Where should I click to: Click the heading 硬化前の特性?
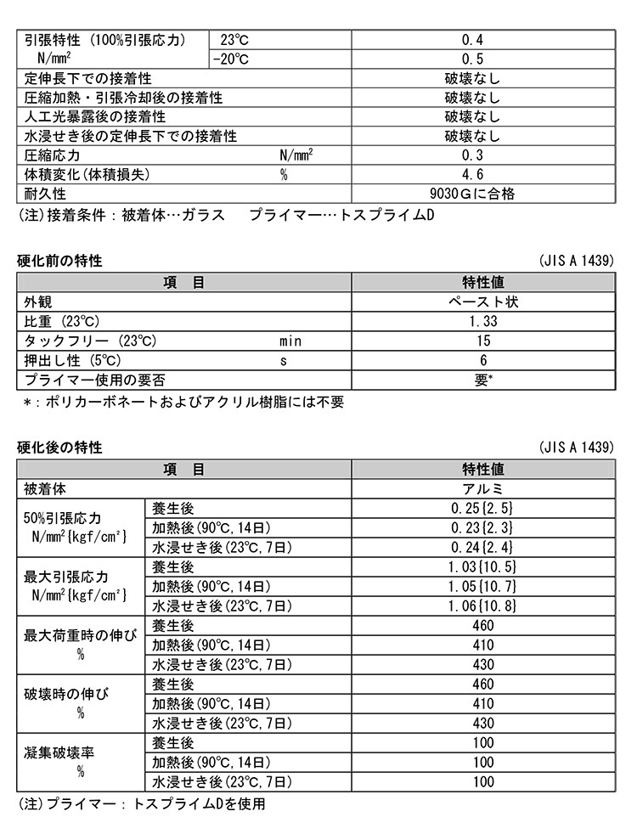click(59, 262)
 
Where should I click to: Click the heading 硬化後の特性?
click(59, 448)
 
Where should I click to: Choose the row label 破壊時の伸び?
click(63, 694)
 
